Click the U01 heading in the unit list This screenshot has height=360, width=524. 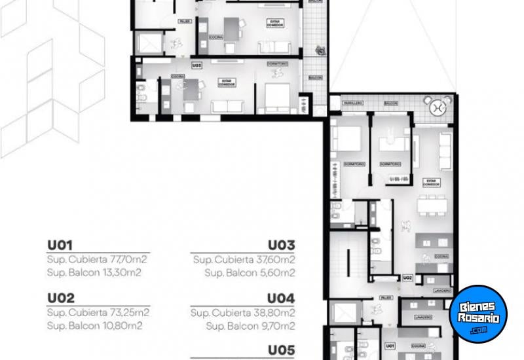click(58, 245)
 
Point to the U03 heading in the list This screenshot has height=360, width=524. click(282, 245)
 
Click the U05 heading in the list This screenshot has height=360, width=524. click(282, 349)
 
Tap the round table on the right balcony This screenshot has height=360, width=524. click(438, 105)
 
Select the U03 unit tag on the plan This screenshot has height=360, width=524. click(196, 65)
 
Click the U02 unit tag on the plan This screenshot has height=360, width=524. click(407, 278)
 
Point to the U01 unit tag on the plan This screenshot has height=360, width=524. click(390, 344)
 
